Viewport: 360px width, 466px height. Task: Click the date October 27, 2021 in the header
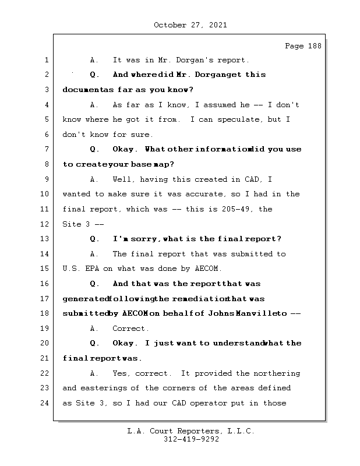[190, 25]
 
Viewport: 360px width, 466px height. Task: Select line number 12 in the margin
[46, 224]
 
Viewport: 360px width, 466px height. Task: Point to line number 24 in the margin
[46, 403]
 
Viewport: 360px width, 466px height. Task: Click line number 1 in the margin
[46, 60]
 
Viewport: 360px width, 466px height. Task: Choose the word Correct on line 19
[131, 329]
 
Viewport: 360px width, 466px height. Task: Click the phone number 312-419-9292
[190, 440]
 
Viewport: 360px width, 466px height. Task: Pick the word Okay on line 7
[123, 149]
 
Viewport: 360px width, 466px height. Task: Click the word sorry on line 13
[146, 239]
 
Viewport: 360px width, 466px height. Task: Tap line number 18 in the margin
[46, 313]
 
